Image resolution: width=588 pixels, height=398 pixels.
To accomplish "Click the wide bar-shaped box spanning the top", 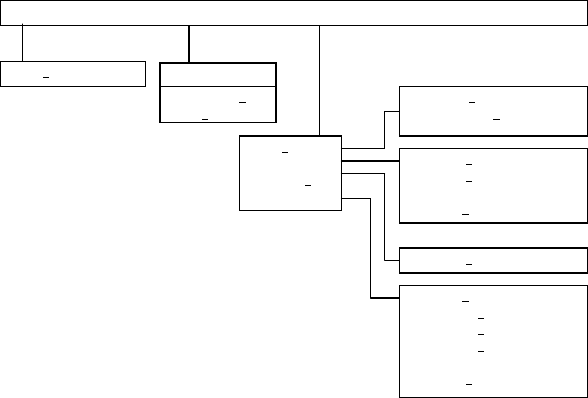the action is [x=293, y=12].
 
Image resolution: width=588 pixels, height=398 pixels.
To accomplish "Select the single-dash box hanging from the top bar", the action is [x=73, y=74].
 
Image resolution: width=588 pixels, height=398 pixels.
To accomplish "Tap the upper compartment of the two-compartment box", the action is [x=217, y=75].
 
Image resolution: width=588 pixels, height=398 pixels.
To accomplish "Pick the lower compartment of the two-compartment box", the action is [x=217, y=104].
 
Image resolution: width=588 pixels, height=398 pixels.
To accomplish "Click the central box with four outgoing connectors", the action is [x=290, y=173].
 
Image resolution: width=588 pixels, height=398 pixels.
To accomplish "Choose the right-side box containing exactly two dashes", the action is [x=493, y=111].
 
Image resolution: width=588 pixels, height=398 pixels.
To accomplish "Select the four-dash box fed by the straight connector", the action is [x=493, y=185].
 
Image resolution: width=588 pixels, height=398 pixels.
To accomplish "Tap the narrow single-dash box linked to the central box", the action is [x=493, y=260].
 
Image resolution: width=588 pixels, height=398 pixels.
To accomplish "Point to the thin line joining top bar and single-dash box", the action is [x=22, y=44].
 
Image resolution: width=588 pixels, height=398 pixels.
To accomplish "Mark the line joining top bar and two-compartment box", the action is [x=188, y=44].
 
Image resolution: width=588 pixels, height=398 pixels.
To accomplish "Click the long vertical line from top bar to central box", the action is [x=320, y=79].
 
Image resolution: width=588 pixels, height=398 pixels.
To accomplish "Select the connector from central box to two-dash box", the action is [x=384, y=129].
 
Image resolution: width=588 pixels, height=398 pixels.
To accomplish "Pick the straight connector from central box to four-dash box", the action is [x=370, y=160].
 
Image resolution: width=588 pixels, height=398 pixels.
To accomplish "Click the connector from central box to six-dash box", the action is [x=371, y=249].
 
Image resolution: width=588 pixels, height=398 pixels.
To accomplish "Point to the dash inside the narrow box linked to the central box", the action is [x=469, y=264].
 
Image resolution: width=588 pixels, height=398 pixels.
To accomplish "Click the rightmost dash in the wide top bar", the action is [x=511, y=21].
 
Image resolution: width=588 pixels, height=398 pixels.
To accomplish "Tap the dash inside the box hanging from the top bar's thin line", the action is [x=46, y=78].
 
